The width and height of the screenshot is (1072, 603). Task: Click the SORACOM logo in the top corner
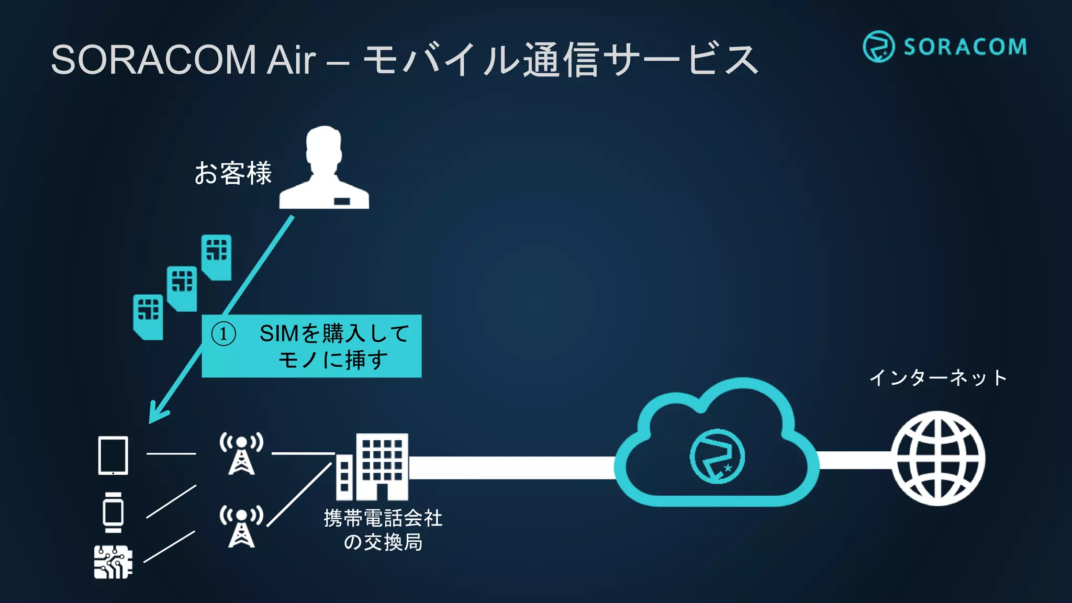(x=944, y=47)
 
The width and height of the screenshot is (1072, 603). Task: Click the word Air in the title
(x=291, y=60)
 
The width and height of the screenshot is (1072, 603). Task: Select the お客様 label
(x=233, y=173)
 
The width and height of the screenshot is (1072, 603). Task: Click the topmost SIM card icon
(x=217, y=256)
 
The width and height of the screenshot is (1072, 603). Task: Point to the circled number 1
(x=224, y=334)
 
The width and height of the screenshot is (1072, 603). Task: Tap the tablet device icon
(x=113, y=455)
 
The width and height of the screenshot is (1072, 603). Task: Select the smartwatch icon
(x=113, y=512)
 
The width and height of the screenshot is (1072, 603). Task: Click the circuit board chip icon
(x=113, y=562)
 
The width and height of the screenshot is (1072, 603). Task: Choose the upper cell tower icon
(x=241, y=453)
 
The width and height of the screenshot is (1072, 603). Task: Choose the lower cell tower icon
(x=241, y=526)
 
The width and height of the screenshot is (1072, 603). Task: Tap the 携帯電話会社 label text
(x=383, y=518)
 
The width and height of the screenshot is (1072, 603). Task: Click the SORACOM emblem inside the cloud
(x=717, y=456)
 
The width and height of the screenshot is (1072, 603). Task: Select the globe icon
(x=938, y=459)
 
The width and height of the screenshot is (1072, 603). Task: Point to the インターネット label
(x=938, y=377)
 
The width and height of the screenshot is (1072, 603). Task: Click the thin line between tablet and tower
(x=171, y=453)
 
